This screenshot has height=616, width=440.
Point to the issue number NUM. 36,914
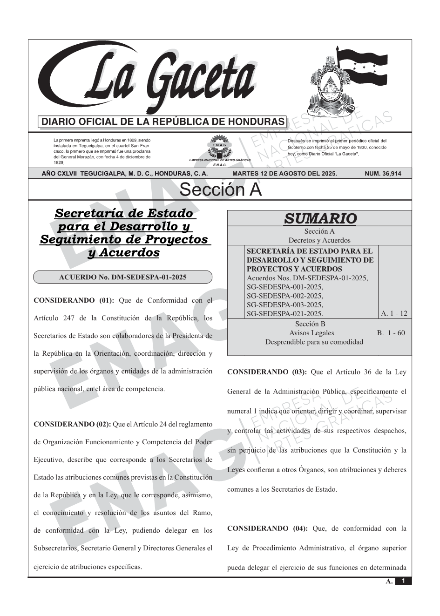pos(383,174)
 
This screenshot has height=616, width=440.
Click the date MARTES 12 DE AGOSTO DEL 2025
pos(284,174)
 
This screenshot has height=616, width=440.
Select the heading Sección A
pos(220,190)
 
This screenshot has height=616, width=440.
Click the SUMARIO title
pos(320,218)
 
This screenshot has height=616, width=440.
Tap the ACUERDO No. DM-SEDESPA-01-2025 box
pos(122,278)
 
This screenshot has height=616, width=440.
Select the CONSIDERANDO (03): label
pos(267,372)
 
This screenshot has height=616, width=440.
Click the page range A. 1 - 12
pos(394,313)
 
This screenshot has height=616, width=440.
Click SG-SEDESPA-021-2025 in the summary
pos(284,313)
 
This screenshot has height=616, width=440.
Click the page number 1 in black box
pos(403,581)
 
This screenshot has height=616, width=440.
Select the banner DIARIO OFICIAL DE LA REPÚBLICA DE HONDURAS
pos(163,122)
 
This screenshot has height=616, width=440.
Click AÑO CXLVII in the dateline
pos(60,174)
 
